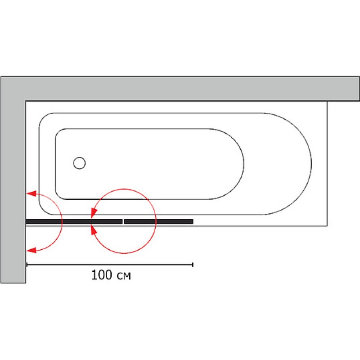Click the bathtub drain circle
click(80, 163)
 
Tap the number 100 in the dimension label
click(102, 275)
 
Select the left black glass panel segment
click(74, 221)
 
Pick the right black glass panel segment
click(158, 221)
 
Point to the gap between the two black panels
click(123, 221)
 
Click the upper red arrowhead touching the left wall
click(31, 193)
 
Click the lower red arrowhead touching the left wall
click(31, 250)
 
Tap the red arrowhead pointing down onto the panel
click(94, 213)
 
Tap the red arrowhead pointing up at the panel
click(94, 230)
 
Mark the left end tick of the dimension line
click(27, 265)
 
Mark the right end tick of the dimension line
click(193, 265)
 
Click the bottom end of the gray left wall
click(13, 283)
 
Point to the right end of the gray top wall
click(359, 89)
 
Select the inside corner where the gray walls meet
click(26, 101)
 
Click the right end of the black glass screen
click(193, 221)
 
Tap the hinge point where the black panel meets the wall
click(26, 221)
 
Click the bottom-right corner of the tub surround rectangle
click(327, 226)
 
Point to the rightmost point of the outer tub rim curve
click(311, 164)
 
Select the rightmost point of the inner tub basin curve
click(244, 164)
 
